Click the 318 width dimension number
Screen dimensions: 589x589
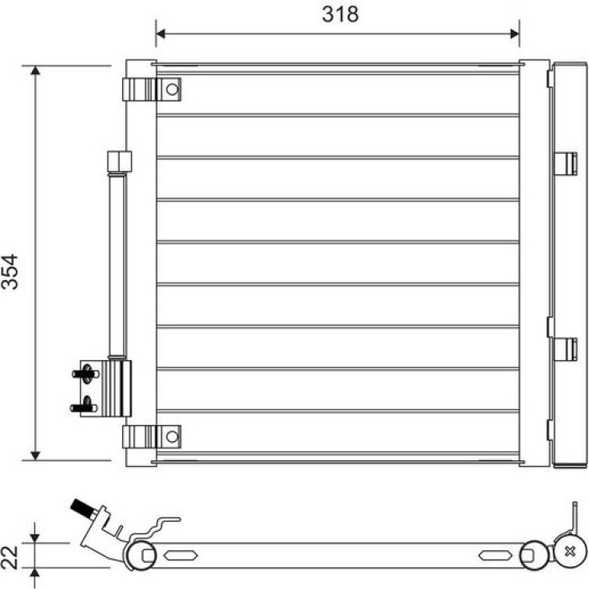pyautogui.click(x=340, y=14)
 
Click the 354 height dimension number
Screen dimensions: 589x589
pyautogui.click(x=10, y=272)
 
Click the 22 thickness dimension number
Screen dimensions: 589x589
pyautogui.click(x=10, y=557)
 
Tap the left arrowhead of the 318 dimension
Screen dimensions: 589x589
pyautogui.click(x=161, y=34)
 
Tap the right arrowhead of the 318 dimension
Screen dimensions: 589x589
pyautogui.click(x=515, y=34)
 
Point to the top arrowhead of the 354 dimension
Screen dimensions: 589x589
pyautogui.click(x=35, y=70)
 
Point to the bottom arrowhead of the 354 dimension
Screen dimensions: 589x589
pyautogui.click(x=35, y=456)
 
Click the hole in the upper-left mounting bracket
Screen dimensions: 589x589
pyautogui.click(x=172, y=89)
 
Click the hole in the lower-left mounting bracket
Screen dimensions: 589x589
pyautogui.click(x=172, y=437)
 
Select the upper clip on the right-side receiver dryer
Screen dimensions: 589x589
pyautogui.click(x=565, y=163)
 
